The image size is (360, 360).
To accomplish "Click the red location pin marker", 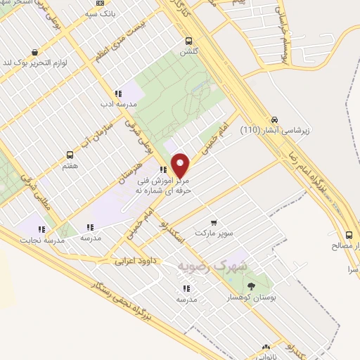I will pyautogui.click(x=181, y=166).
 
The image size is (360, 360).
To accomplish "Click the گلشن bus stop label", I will pyautogui.click(x=188, y=52).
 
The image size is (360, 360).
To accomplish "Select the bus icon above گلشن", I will pyautogui.click(x=188, y=41).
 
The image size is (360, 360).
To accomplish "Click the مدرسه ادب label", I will pyautogui.click(x=118, y=104).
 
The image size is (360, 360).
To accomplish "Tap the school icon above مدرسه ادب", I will pyautogui.click(x=118, y=93).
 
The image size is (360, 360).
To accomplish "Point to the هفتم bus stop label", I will pyautogui.click(x=70, y=165).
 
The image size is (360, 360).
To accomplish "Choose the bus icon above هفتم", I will pyautogui.click(x=70, y=154).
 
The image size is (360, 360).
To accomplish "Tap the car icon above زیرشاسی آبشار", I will pyautogui.click(x=274, y=119).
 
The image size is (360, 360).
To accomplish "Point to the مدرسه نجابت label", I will pyautogui.click(x=45, y=240).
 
